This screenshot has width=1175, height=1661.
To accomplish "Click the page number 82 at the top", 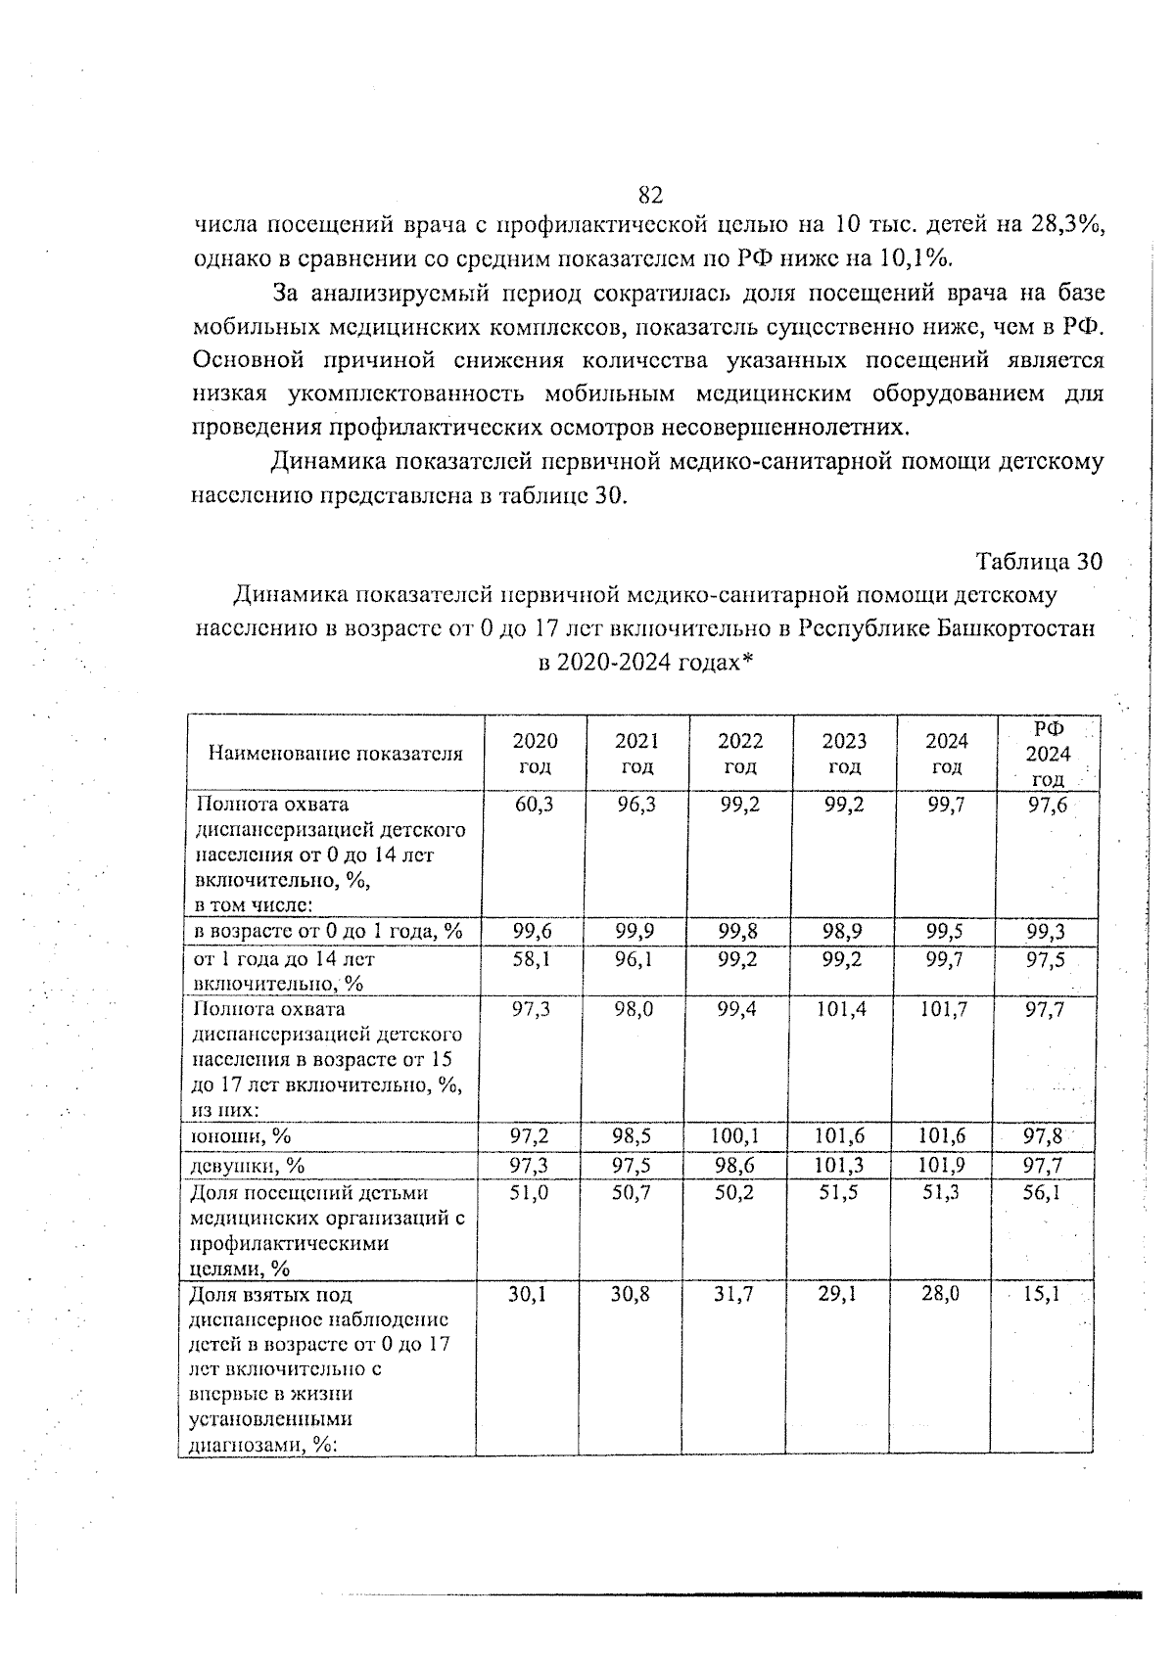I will (650, 194).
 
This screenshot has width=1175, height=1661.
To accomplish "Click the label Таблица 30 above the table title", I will (1039, 562).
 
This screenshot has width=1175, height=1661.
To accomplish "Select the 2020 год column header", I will (535, 753).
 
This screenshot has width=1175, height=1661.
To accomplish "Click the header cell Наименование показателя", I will (334, 754).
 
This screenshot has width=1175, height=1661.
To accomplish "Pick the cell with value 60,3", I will (533, 805).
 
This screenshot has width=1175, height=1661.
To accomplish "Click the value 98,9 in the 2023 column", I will (842, 931).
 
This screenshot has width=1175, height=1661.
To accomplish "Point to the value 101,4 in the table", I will (842, 1009).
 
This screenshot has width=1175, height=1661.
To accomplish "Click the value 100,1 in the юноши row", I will (738, 1135).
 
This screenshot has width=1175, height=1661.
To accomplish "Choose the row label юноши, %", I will (240, 1135).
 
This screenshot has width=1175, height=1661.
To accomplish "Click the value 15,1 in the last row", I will (1045, 1294).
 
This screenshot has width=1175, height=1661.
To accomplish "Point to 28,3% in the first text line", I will (1067, 224).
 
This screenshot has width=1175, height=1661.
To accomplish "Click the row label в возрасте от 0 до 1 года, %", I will (329, 931).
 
